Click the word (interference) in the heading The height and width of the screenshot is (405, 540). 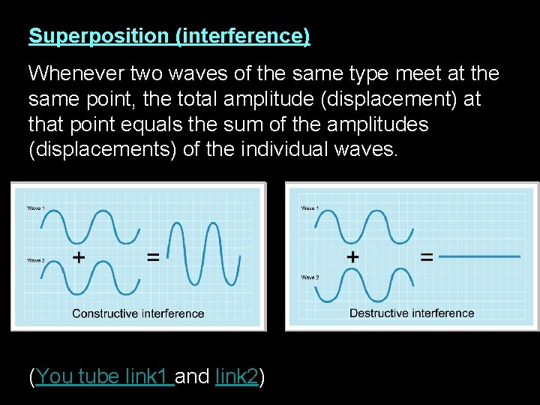[x=241, y=36]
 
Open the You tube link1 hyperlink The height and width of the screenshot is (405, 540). [x=104, y=376]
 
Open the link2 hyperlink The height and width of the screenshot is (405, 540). [x=236, y=376]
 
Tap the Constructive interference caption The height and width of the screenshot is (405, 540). [x=138, y=313]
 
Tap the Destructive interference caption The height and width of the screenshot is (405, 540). [x=412, y=313]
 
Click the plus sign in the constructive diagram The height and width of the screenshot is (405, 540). [x=77, y=257]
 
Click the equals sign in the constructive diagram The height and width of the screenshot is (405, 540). [x=152, y=257]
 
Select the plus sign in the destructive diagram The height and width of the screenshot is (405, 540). [x=352, y=256]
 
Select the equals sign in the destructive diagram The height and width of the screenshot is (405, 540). [x=426, y=256]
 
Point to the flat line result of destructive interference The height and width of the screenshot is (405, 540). [x=479, y=256]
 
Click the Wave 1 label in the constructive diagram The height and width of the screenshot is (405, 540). [x=35, y=208]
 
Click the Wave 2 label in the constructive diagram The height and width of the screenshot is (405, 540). [x=35, y=260]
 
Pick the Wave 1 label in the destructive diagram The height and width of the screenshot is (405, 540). [x=309, y=208]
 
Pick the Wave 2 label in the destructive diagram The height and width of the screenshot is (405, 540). [x=310, y=277]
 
